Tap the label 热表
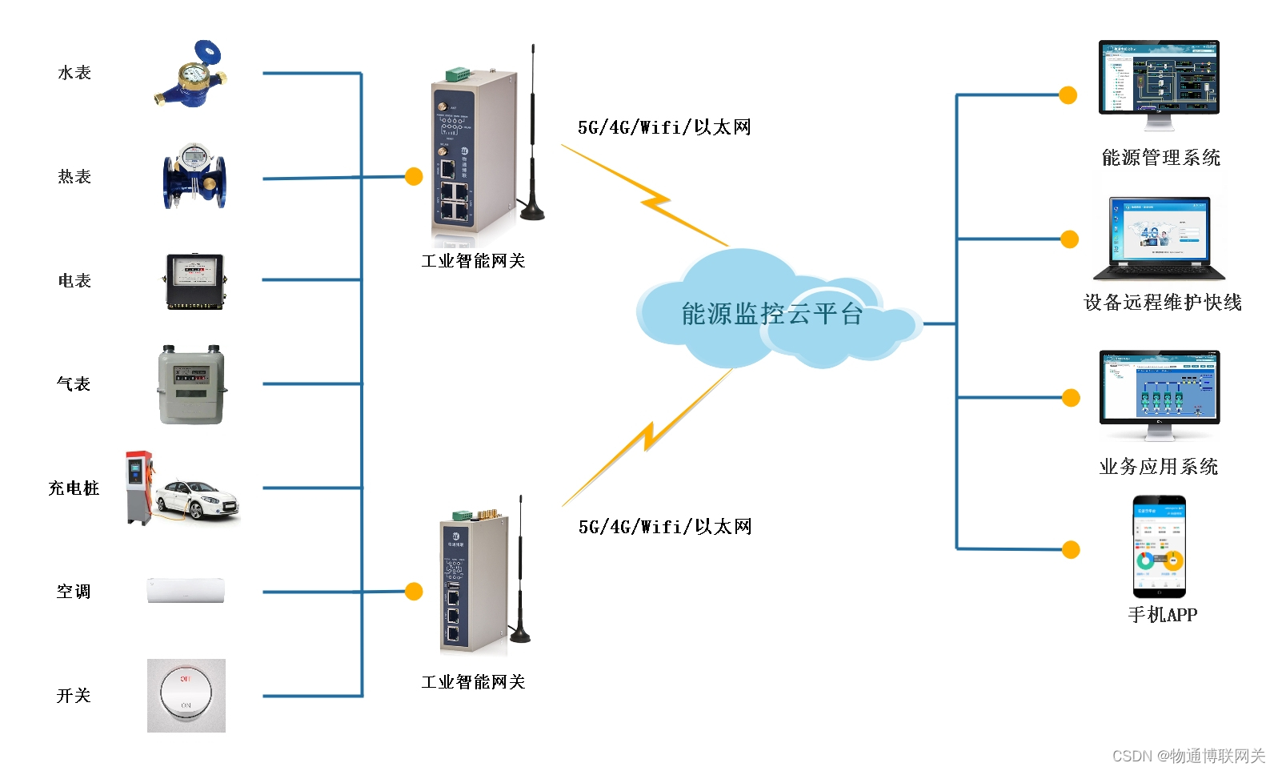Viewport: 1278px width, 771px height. (x=74, y=176)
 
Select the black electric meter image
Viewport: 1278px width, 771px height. (x=195, y=281)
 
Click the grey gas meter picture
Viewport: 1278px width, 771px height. (x=191, y=384)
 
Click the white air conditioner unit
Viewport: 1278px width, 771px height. (x=186, y=590)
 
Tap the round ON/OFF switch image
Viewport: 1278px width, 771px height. (x=186, y=694)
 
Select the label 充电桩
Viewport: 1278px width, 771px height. (x=74, y=488)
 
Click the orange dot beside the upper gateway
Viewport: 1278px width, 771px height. (x=414, y=176)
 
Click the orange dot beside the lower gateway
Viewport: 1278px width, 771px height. (x=414, y=591)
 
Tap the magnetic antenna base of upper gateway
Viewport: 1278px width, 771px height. (x=532, y=211)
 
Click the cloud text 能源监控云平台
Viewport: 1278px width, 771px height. (x=771, y=314)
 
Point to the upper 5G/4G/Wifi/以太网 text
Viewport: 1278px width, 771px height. (x=664, y=127)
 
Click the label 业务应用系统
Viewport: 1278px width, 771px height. (x=1158, y=466)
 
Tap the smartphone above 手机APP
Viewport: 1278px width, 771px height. (x=1159, y=548)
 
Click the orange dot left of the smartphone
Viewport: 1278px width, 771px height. (x=1071, y=549)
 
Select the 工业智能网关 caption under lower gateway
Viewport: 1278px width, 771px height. (x=473, y=681)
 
